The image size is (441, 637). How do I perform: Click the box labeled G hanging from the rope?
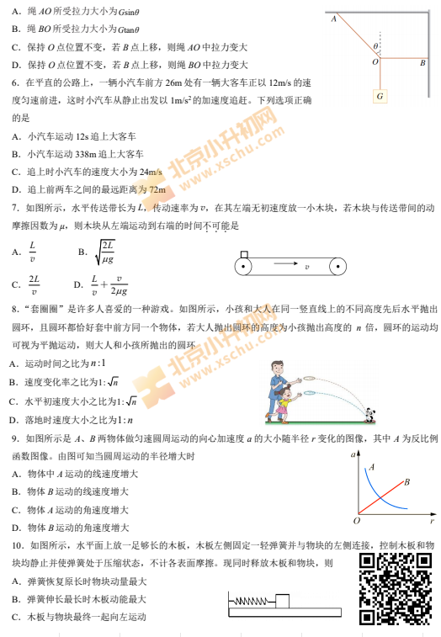(380, 96)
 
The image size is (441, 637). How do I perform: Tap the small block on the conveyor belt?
(244, 254)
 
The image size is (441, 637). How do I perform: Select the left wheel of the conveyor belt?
(244, 268)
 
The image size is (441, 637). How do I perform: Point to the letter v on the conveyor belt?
(306, 267)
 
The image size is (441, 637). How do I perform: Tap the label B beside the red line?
(406, 482)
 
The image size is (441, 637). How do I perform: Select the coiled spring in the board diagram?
(253, 601)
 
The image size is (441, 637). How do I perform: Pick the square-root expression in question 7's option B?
(104, 252)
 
